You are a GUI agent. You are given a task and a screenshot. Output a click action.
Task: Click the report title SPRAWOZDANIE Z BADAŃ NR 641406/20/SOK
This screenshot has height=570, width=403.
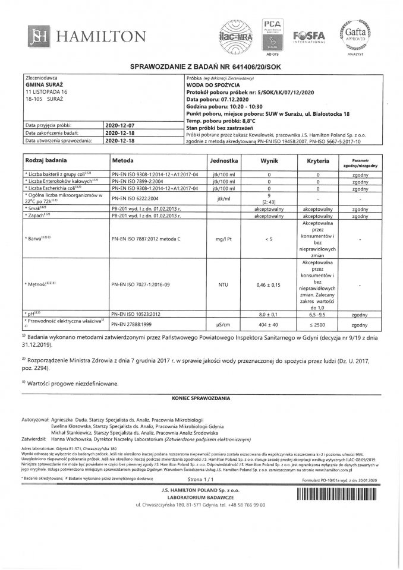[x=201, y=68]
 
